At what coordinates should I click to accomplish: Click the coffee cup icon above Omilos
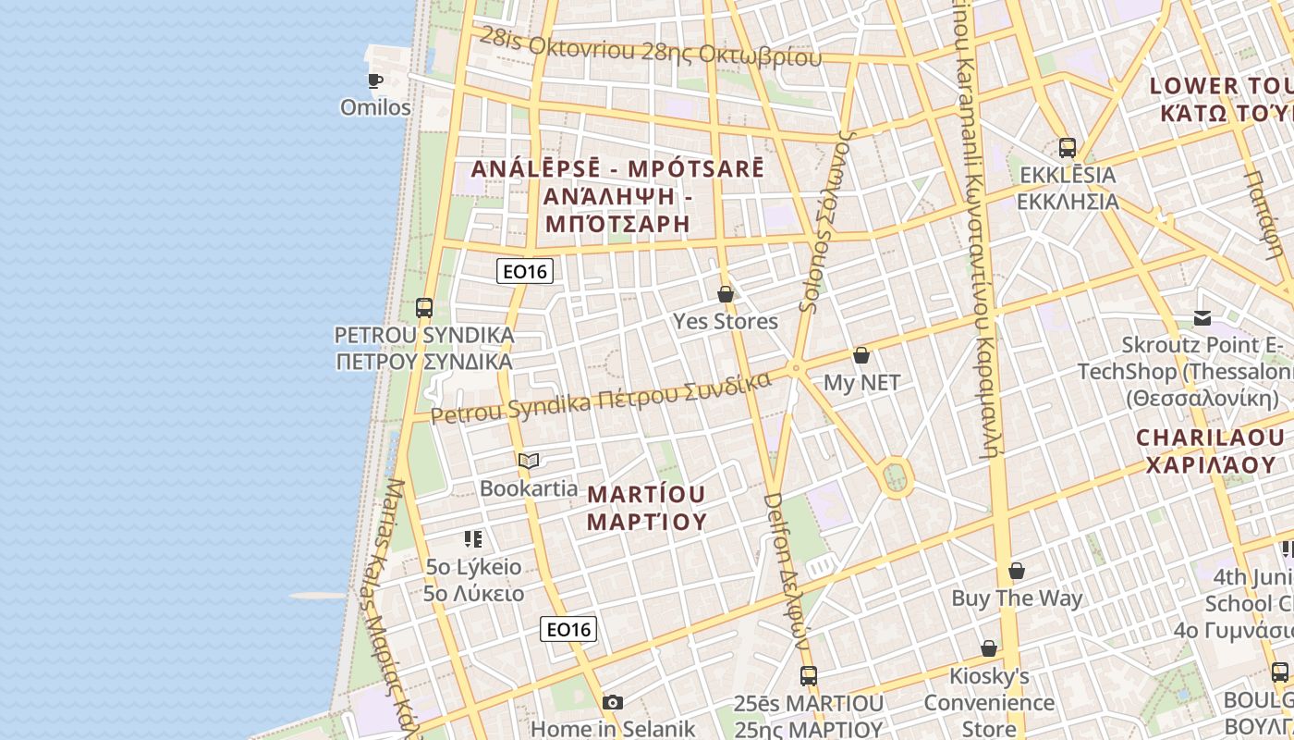click(375, 80)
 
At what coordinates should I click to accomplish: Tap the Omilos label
click(375, 107)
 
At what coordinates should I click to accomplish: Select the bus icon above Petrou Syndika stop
click(424, 307)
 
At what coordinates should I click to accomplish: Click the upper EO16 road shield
click(525, 271)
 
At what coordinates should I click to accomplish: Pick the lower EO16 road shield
click(568, 630)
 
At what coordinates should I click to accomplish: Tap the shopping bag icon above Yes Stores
click(726, 294)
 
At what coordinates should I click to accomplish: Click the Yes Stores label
click(726, 321)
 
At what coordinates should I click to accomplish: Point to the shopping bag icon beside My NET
click(861, 355)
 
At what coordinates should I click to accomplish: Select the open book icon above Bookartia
click(529, 461)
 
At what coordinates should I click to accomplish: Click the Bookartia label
click(529, 487)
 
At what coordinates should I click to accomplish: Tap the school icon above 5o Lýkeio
click(473, 539)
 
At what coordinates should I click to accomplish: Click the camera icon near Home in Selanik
click(613, 702)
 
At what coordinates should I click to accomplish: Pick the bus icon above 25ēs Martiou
click(809, 675)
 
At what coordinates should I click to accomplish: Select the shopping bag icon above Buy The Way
click(1017, 571)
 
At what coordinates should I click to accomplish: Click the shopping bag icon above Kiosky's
click(989, 648)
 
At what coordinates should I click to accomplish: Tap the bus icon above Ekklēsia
click(1068, 147)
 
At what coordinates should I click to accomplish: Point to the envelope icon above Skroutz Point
click(1202, 318)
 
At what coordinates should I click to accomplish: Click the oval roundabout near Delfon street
click(895, 477)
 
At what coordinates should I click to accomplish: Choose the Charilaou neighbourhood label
click(1210, 450)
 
